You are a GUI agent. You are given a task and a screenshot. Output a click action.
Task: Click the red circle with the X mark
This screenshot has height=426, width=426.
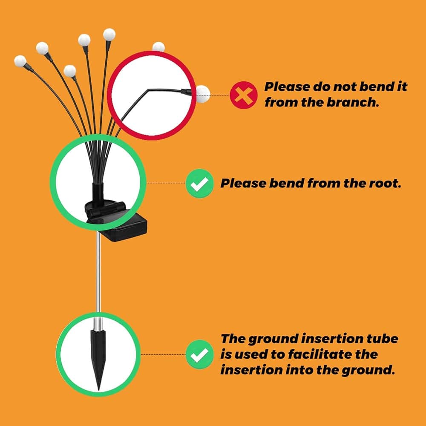(243, 95)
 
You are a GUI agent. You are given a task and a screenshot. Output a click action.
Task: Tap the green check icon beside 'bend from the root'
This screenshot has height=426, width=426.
(199, 183)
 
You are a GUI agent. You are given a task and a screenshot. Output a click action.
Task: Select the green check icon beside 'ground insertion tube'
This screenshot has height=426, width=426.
(199, 354)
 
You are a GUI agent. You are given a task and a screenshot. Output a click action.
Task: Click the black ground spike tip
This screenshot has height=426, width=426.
(98, 390)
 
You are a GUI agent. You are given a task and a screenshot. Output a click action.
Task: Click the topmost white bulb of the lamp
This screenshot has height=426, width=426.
(109, 35)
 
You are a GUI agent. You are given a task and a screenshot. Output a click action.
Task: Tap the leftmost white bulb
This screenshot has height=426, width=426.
(20, 61)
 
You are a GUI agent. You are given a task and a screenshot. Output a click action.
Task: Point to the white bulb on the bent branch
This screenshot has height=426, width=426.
(203, 94)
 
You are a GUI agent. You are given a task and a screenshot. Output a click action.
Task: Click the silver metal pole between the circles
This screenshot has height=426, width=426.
(98, 272)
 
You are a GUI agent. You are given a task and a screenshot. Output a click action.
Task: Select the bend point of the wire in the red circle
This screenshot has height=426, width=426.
(148, 89)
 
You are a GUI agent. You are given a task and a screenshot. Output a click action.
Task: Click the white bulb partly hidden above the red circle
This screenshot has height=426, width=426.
(158, 47)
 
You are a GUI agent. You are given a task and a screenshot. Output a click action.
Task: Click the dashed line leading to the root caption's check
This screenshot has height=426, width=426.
(166, 183)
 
